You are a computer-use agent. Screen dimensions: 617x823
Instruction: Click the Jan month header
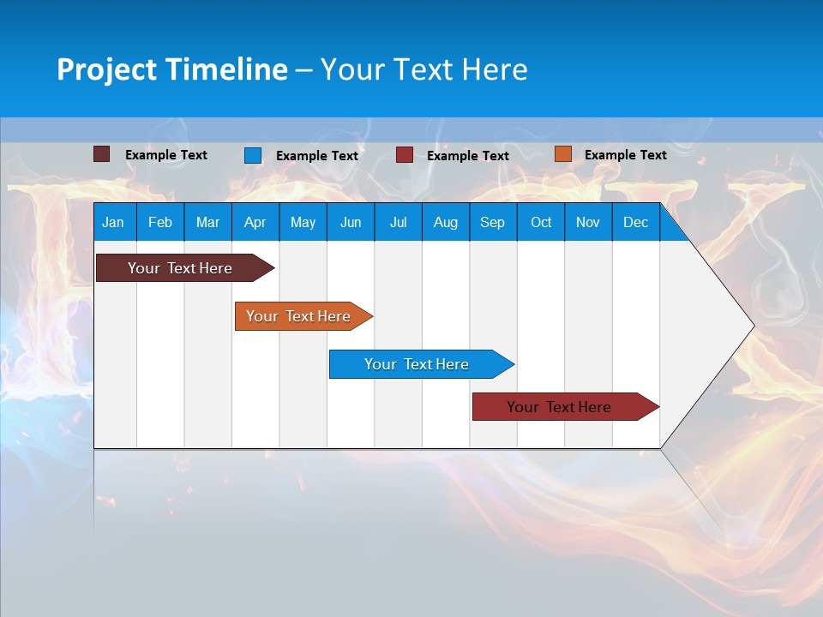(x=113, y=222)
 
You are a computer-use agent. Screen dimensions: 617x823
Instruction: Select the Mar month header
(x=207, y=222)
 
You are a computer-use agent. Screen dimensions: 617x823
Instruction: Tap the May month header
(x=303, y=222)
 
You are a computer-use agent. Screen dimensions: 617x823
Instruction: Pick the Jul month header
(x=398, y=222)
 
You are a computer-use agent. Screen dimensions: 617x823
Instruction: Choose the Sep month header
(x=492, y=222)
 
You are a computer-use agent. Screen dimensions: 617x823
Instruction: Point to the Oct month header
(x=541, y=222)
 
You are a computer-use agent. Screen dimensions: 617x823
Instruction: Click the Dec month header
(x=635, y=222)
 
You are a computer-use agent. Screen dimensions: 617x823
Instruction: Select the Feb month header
(x=160, y=222)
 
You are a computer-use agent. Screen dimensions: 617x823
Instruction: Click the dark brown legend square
(x=101, y=154)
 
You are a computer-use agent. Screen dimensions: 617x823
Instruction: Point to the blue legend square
(x=253, y=155)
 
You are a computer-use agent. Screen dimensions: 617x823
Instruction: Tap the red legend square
(x=405, y=155)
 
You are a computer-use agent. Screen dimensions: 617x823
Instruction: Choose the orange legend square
(x=562, y=154)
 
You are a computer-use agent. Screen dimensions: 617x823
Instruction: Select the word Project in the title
(x=105, y=69)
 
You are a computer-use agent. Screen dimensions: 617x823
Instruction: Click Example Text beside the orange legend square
(x=625, y=154)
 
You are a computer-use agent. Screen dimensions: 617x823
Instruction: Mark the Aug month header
(x=445, y=222)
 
